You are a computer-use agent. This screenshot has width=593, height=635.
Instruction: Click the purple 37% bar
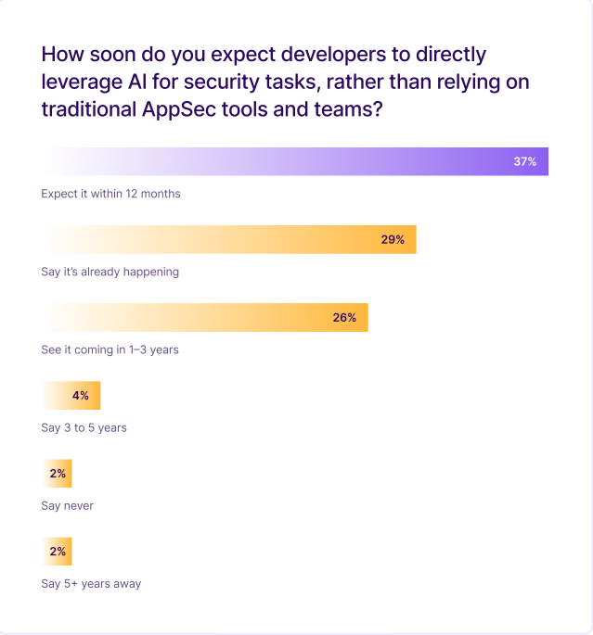click(x=295, y=161)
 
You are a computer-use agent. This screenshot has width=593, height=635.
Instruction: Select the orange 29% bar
click(x=228, y=239)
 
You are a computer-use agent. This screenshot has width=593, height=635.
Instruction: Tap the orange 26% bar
click(x=205, y=317)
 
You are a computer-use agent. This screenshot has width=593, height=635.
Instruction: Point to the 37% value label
click(x=525, y=161)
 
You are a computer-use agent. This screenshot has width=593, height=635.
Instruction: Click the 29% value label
click(x=393, y=239)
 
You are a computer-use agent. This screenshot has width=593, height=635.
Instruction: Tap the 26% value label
click(x=344, y=317)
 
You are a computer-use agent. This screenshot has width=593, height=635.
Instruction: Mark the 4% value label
click(x=81, y=395)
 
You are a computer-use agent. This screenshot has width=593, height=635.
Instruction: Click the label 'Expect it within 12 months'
click(x=110, y=194)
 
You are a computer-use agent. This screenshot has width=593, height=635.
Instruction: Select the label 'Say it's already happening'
click(x=110, y=272)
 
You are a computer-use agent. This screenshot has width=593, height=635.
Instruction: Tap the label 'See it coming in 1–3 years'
click(x=110, y=349)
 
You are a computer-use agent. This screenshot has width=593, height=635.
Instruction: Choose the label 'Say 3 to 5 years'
click(x=84, y=427)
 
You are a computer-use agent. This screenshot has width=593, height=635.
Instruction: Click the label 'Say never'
click(x=67, y=505)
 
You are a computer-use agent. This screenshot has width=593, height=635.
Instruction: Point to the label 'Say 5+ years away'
click(x=91, y=583)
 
